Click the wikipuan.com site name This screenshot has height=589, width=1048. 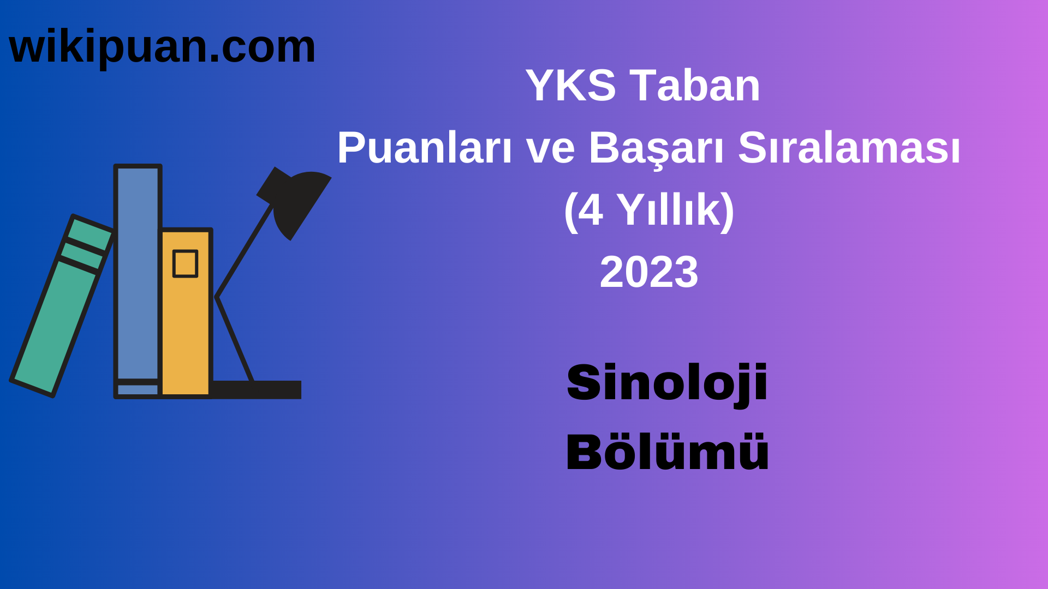point(162,47)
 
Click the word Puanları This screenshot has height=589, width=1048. point(424,148)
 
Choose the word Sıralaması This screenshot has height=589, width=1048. point(849,148)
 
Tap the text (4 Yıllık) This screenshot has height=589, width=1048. point(648,210)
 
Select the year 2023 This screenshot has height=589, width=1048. point(648,272)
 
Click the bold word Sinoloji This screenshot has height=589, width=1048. point(667,383)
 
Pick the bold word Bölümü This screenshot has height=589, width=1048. point(667,452)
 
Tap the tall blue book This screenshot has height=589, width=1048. point(138,273)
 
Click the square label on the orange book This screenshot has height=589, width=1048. point(185,264)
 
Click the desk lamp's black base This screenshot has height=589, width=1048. point(257,389)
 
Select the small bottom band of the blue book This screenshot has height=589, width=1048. point(138,389)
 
